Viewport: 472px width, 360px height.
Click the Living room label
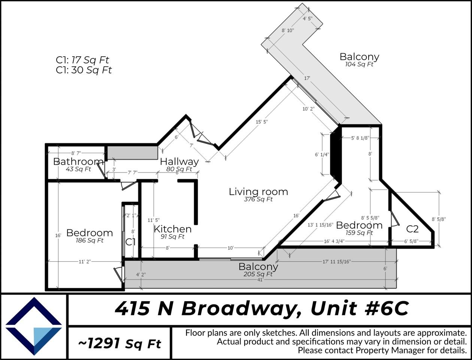click(258, 192)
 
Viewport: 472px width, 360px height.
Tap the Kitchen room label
click(173, 229)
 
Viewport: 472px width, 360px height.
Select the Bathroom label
click(78, 162)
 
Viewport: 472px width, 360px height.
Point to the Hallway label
click(179, 162)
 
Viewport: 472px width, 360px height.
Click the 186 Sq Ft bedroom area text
click(90, 240)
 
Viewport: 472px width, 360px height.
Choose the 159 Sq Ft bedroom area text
click(359, 233)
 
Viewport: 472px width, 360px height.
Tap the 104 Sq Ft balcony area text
click(359, 64)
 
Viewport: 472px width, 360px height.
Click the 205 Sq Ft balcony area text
click(258, 274)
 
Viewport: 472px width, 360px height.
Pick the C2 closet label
click(412, 229)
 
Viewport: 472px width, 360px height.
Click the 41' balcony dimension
click(258, 280)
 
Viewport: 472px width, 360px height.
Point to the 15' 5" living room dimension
click(262, 122)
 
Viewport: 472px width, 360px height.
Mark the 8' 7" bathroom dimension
click(76, 153)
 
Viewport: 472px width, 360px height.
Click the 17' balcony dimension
click(307, 78)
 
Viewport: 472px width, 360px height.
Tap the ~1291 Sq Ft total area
click(119, 343)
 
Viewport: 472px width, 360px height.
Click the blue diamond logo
click(34, 326)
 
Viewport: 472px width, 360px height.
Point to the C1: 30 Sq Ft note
click(84, 70)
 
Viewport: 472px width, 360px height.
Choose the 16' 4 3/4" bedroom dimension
click(334, 241)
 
